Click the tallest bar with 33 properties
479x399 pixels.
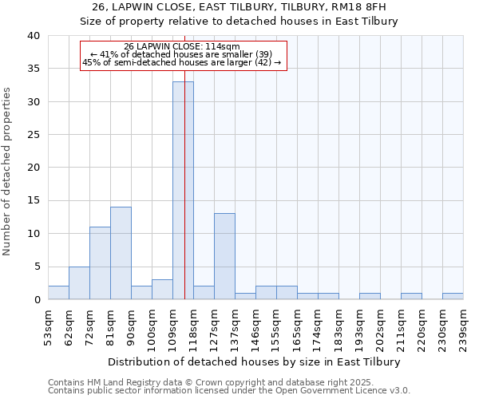pos(183,190)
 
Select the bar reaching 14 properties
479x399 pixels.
pos(121,253)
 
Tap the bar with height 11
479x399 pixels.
pos(100,263)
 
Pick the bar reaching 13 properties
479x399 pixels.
pos(224,256)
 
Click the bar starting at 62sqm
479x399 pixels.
pos(79,282)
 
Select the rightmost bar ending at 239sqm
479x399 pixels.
pos(453,296)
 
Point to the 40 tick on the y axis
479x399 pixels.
pos(33,36)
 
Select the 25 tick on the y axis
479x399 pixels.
pos(33,135)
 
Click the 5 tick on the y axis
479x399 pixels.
pos(36,267)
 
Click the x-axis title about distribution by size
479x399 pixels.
pos(255,361)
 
